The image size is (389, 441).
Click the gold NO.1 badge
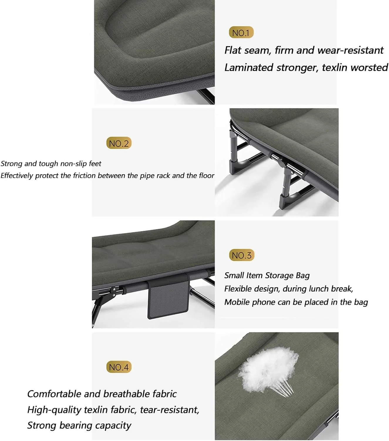[241, 32]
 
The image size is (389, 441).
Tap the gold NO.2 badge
[119, 143]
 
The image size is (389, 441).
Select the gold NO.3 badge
[242, 255]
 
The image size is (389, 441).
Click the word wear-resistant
[350, 50]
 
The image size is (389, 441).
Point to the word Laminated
[249, 68]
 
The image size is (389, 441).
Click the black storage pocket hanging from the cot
[167, 298]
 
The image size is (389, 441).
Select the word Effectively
[17, 176]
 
